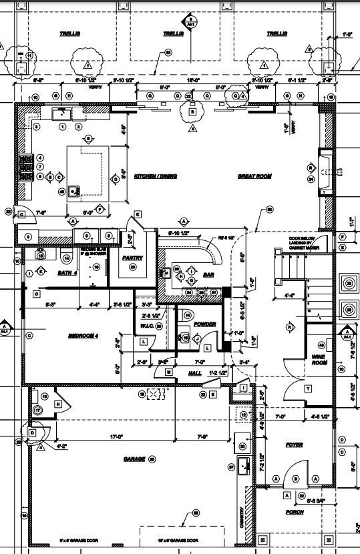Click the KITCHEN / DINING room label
156,176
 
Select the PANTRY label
130,256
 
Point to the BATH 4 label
67,273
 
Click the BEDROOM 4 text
83,336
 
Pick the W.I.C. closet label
146,326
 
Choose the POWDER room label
204,324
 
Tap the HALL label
195,372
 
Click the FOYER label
294,445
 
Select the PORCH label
294,513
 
